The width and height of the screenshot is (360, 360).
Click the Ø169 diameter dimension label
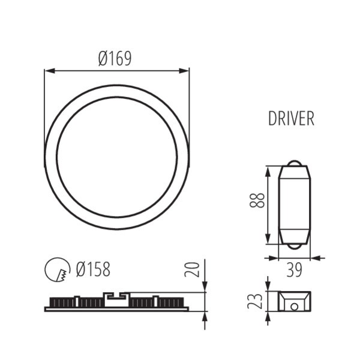[x=115, y=59]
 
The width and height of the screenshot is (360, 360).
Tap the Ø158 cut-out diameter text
[x=93, y=269]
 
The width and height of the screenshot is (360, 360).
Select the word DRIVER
[x=291, y=118]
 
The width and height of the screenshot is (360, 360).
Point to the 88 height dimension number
[x=257, y=200]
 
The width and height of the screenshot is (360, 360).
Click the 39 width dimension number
[x=294, y=270]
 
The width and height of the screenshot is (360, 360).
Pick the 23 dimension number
[x=255, y=301]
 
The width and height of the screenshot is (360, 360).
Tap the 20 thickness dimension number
[x=192, y=269]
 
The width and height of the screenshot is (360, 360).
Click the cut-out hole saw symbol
[x=58, y=269]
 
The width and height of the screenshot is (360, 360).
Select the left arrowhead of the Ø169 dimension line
[x=50, y=71]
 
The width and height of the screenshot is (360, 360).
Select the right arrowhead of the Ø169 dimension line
[x=184, y=71]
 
